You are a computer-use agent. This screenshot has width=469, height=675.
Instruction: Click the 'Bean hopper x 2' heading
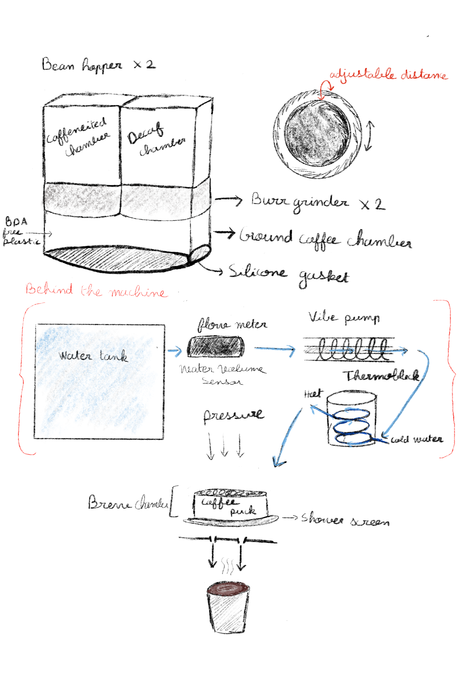tap(98, 65)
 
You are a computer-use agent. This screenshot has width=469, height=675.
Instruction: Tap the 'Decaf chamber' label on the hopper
tap(156, 139)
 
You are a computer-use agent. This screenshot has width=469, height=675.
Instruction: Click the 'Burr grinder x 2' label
tap(317, 203)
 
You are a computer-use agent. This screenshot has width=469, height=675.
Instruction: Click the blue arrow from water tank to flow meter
tap(175, 351)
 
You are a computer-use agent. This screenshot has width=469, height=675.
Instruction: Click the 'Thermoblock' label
tap(382, 376)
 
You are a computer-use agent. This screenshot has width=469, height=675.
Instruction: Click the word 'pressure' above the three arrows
tap(234, 415)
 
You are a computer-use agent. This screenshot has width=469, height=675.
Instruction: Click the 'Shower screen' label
tap(345, 519)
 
